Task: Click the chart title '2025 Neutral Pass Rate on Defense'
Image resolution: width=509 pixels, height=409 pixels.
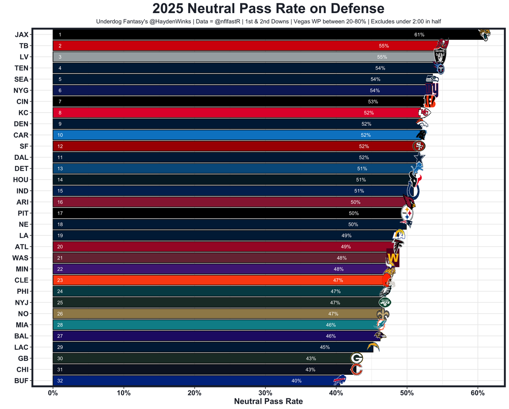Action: (x=268, y=9)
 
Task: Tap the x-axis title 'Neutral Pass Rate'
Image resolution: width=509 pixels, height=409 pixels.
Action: (x=268, y=401)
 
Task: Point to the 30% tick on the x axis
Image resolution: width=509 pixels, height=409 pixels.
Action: (x=265, y=393)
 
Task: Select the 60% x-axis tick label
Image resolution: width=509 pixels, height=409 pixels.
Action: (x=478, y=393)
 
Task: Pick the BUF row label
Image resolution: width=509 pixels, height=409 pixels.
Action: (x=21, y=381)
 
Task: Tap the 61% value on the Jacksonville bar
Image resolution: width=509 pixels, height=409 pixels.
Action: (x=419, y=35)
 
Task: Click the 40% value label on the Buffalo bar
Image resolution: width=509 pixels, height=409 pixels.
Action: (x=296, y=381)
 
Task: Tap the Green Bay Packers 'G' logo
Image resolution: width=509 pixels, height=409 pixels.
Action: (x=356, y=358)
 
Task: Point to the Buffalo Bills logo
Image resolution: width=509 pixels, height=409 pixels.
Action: (x=340, y=380)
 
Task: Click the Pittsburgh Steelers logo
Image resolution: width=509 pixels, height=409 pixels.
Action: (x=407, y=213)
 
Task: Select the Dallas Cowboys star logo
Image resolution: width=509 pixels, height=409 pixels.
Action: (x=419, y=158)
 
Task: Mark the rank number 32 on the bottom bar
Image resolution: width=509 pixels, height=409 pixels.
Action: (x=60, y=381)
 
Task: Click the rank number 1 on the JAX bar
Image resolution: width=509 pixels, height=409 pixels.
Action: (x=60, y=35)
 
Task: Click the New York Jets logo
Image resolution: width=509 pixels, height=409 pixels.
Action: (x=385, y=302)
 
